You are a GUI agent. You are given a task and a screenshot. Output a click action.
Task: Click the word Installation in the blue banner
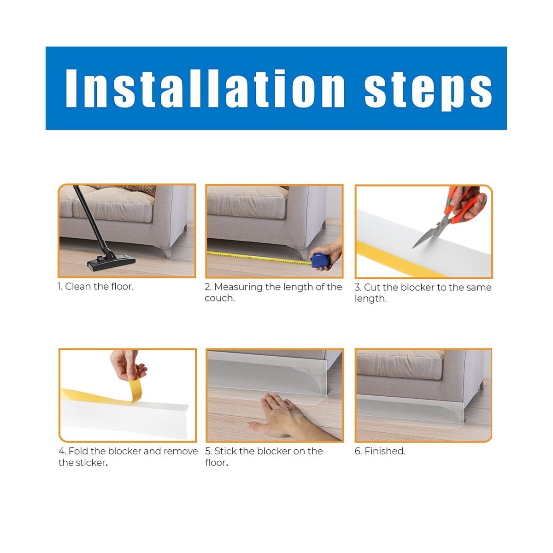click(205, 88)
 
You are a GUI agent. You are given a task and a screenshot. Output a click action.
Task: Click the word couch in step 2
click(219, 299)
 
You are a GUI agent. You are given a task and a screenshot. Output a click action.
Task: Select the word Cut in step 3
click(372, 287)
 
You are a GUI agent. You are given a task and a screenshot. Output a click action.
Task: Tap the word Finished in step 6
click(385, 451)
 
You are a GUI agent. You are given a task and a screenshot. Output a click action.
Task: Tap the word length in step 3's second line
click(371, 299)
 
